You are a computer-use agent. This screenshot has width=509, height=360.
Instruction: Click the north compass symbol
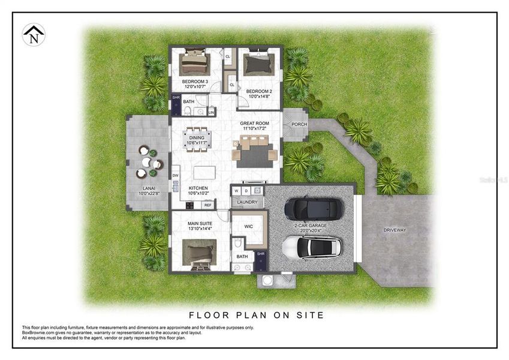(33, 35)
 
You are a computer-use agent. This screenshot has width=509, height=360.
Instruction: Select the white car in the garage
(312, 247)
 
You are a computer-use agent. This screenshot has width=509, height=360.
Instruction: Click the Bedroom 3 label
(195, 82)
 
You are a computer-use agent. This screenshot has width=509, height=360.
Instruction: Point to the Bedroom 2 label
(258, 91)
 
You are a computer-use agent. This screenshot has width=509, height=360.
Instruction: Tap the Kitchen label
(198, 188)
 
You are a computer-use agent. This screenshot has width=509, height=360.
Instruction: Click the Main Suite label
(200, 224)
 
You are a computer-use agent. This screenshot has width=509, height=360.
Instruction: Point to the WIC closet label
(249, 227)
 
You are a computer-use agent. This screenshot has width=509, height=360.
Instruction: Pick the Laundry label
(246, 202)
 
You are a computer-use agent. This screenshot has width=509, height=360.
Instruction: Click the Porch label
(299, 125)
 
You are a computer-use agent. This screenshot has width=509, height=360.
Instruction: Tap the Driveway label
(395, 230)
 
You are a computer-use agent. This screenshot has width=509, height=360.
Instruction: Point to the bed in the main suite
(200, 253)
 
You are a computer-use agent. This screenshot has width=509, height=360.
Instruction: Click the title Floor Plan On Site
(256, 314)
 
